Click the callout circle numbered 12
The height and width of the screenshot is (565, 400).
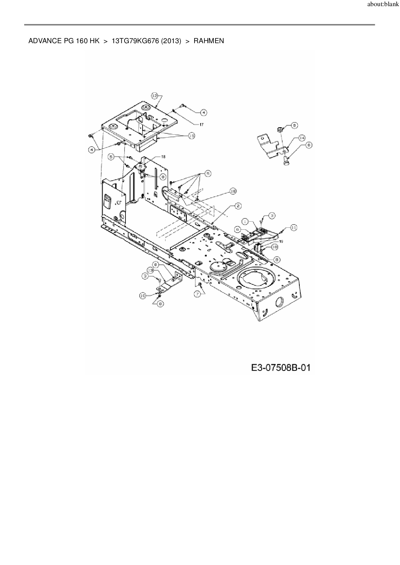(155, 96)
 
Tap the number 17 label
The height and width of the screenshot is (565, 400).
(201, 124)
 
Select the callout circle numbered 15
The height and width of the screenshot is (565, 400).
(192, 136)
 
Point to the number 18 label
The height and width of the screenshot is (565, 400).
(163, 157)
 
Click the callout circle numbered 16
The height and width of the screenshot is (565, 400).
(233, 191)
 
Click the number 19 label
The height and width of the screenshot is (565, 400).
(281, 242)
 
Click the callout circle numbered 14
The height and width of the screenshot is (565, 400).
(302, 138)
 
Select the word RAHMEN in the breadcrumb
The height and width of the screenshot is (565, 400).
(209, 41)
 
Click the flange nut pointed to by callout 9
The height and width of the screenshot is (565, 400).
(280, 129)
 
